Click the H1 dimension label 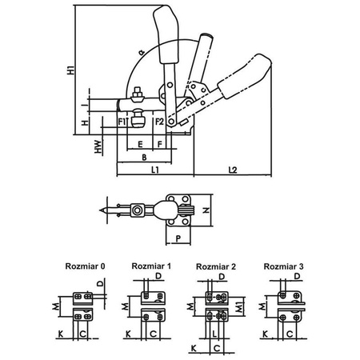click(70, 70)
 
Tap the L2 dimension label click(233, 170)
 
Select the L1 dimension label click(155, 170)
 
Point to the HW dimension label click(98, 146)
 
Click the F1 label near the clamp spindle click(122, 122)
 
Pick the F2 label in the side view click(159, 122)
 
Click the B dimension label click(144, 158)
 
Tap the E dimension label click(140, 145)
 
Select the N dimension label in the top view click(206, 210)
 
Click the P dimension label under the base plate click(178, 238)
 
